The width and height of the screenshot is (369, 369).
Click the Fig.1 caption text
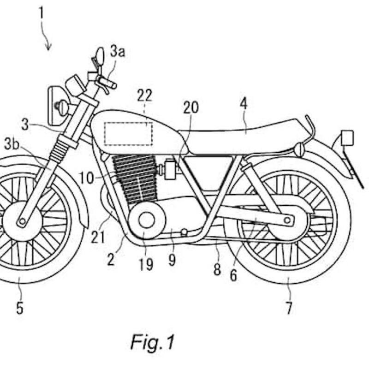pyautogui.click(x=153, y=342)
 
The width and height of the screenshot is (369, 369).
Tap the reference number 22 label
pyautogui.click(x=144, y=96)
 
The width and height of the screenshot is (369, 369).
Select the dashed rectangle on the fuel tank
pyautogui.click(x=128, y=133)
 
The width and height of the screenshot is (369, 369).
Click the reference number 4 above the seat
pyautogui.click(x=244, y=104)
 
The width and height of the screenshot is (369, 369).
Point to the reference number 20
pyautogui.click(x=190, y=107)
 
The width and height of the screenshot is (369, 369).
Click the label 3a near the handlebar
pyautogui.click(x=117, y=51)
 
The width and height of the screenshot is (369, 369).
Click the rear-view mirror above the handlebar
pyautogui.click(x=99, y=56)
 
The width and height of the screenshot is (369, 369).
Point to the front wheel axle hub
pyautogui.click(x=21, y=222)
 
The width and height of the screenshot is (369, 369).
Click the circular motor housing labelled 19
pyautogui.click(x=147, y=220)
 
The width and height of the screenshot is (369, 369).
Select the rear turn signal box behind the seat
pyautogui.click(x=347, y=137)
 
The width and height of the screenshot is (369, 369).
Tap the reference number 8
pyautogui.click(x=217, y=269)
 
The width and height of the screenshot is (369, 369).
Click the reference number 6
pyautogui.click(x=233, y=275)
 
